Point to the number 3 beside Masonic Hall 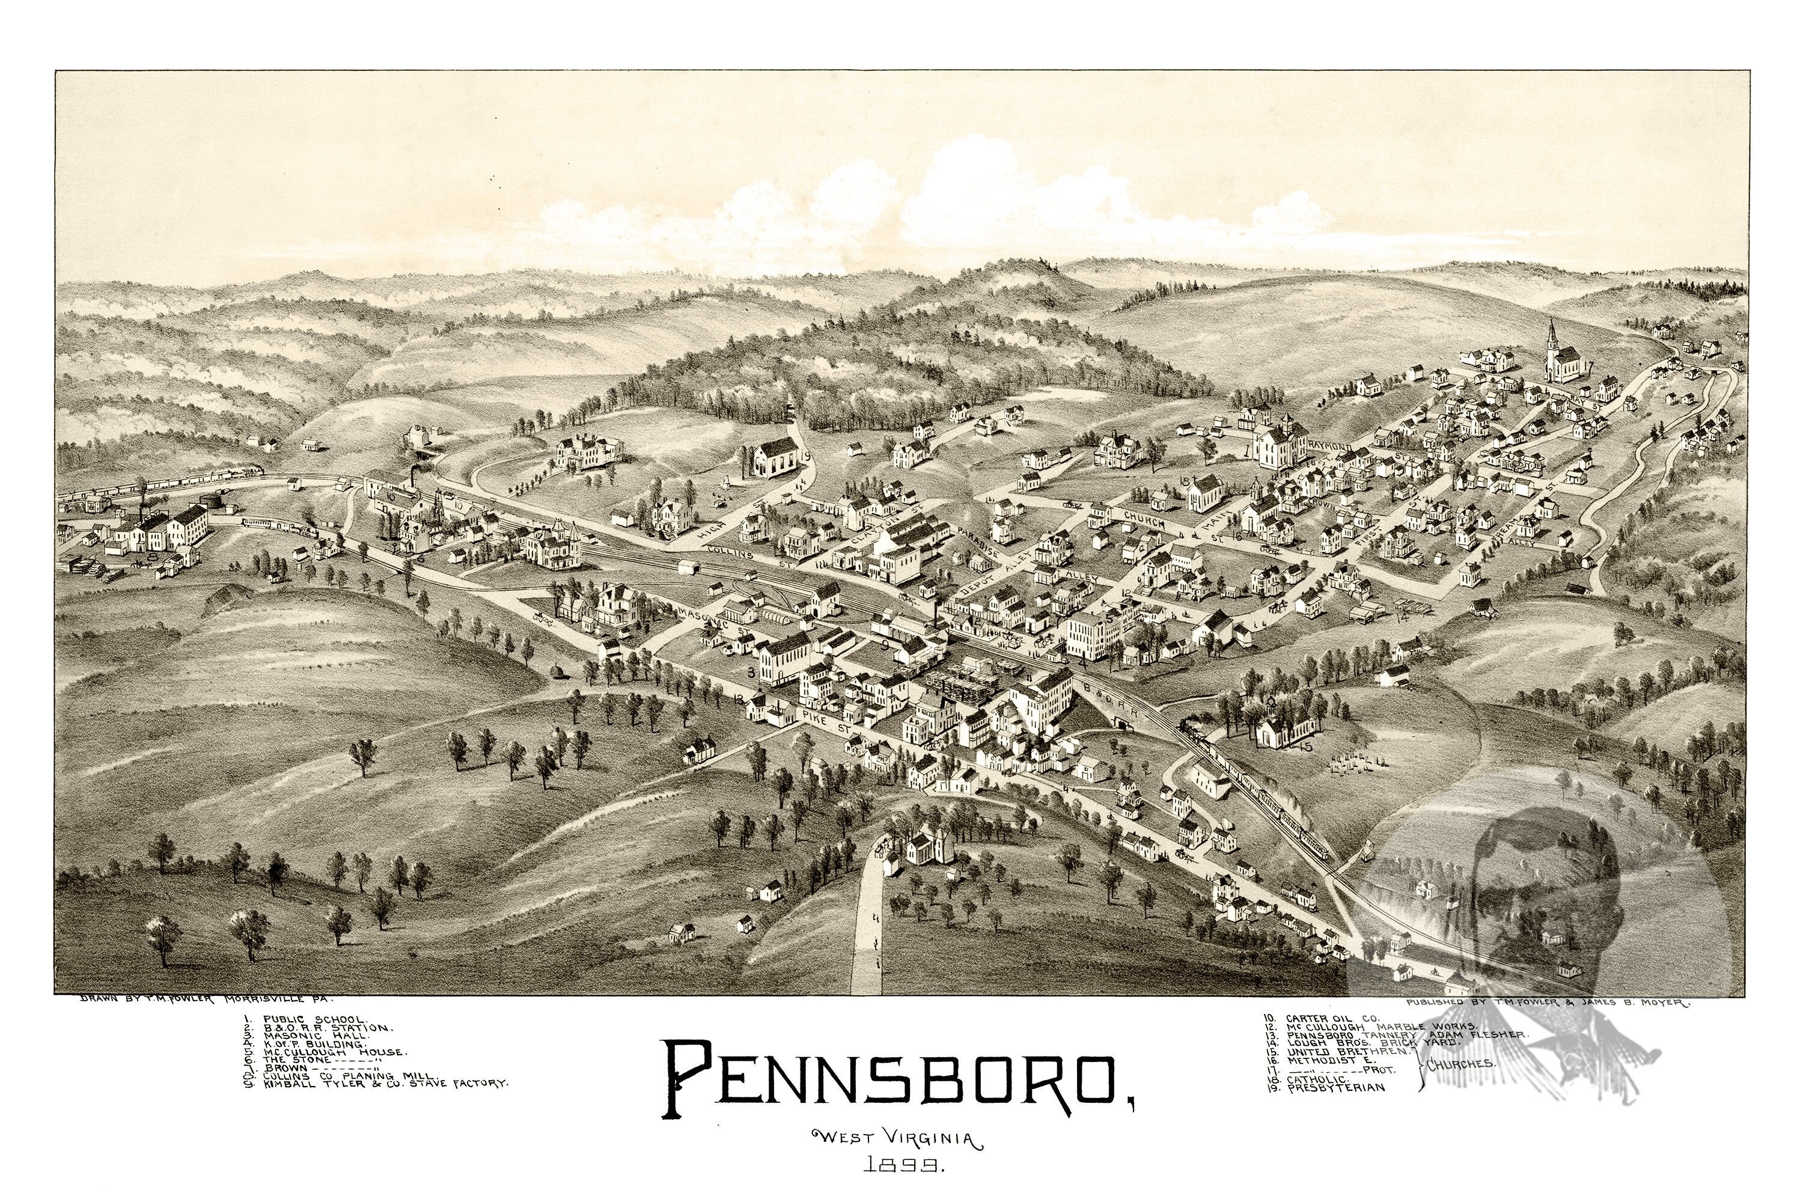[751, 673]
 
